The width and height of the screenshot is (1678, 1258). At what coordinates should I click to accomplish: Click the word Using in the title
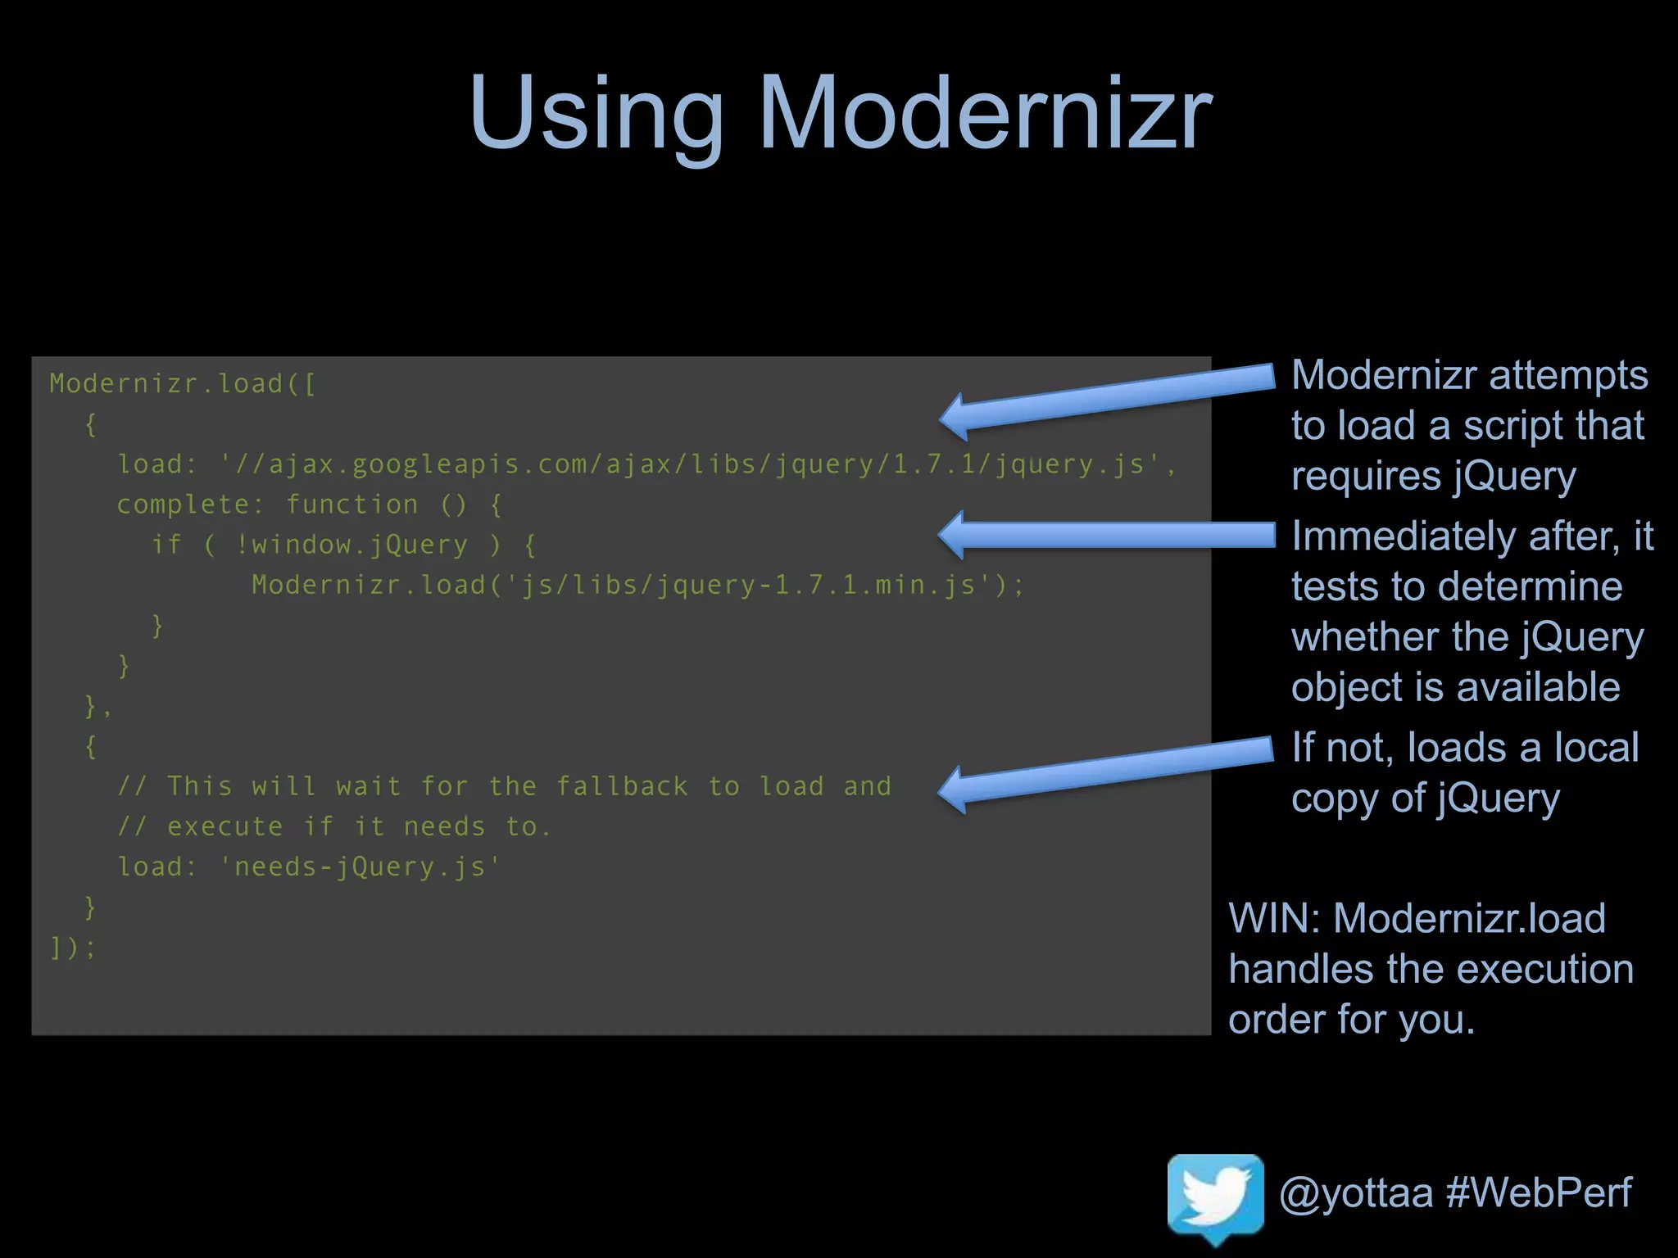(596, 115)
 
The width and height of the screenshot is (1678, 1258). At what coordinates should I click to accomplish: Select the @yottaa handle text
(1355, 1192)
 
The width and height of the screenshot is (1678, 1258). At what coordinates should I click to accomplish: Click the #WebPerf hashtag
(1539, 1192)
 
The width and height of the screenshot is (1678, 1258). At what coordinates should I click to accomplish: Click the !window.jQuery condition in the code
(351, 545)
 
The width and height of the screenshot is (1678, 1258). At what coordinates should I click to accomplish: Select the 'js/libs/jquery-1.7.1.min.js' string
(750, 585)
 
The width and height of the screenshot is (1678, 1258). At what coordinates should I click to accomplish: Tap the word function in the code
(351, 505)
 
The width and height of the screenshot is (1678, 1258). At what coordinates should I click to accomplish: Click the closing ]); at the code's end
(73, 948)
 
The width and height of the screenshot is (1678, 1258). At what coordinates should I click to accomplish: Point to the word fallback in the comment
(622, 786)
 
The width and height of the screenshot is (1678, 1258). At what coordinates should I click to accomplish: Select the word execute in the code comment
(224, 826)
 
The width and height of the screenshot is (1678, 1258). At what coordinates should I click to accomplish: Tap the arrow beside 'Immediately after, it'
(1106, 535)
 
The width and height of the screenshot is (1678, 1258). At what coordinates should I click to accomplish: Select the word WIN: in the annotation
(1274, 919)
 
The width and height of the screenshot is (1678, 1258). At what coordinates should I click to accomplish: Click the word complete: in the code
(190, 505)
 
